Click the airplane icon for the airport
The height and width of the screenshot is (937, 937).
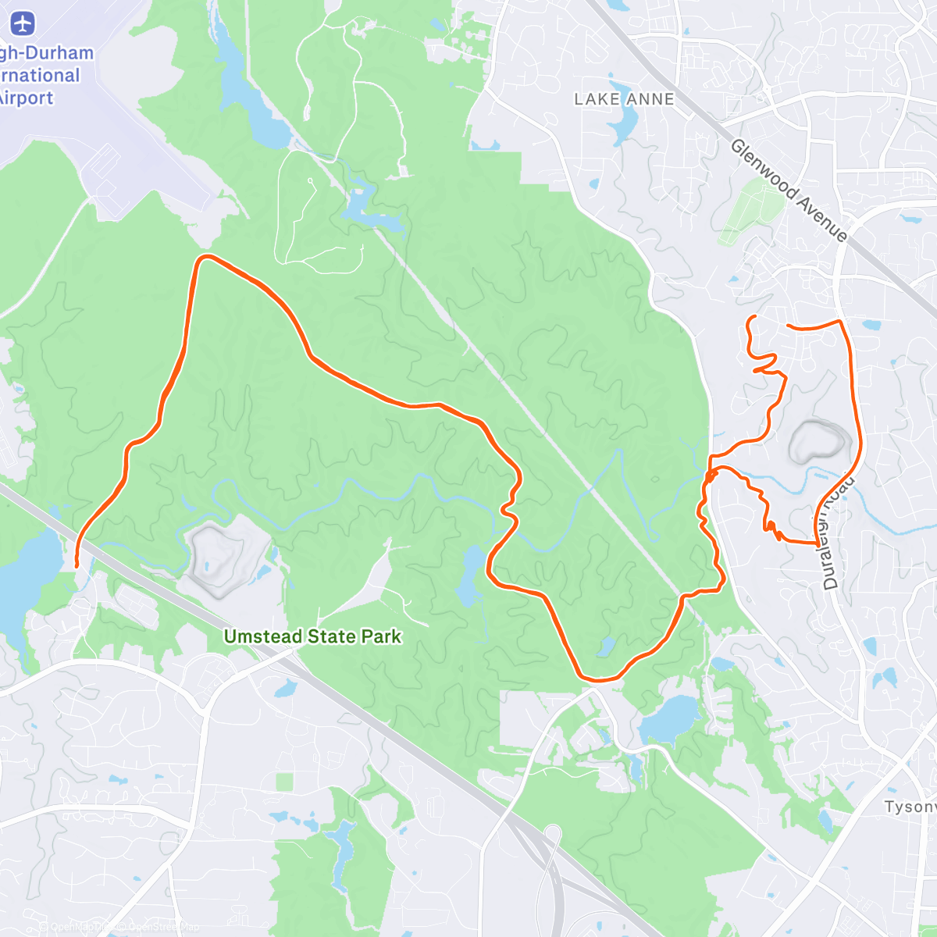(x=23, y=23)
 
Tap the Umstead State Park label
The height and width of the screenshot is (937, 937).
(x=312, y=636)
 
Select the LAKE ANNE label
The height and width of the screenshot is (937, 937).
(x=624, y=99)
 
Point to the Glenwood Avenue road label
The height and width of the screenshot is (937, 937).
(x=789, y=191)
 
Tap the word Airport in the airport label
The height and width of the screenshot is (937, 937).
(x=27, y=98)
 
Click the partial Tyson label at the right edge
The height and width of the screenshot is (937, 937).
(x=910, y=807)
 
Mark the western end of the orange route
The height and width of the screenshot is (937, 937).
(x=76, y=565)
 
